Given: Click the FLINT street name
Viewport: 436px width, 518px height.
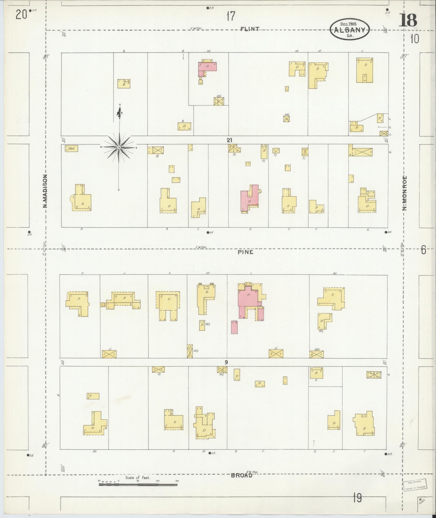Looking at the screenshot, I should (x=250, y=29).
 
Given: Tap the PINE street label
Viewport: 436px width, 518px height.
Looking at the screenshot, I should (x=245, y=252).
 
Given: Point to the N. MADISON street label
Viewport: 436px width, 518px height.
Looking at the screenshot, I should (x=45, y=191).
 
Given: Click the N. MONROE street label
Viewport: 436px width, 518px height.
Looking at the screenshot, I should (x=405, y=193).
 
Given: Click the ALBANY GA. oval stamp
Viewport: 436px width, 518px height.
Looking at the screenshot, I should (x=349, y=30).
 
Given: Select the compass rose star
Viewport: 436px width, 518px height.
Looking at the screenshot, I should (x=119, y=147).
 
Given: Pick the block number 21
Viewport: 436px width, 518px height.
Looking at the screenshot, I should (x=229, y=140).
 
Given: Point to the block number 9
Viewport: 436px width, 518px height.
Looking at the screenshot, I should (x=226, y=362).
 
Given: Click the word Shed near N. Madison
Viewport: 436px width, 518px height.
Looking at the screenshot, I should (x=72, y=148).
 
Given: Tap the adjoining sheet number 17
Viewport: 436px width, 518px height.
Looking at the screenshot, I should (x=231, y=16).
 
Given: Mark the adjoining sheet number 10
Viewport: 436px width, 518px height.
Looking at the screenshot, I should (x=414, y=40).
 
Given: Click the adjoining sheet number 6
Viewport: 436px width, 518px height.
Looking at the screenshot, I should (x=423, y=250).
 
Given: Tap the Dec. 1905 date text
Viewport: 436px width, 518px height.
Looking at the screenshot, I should (x=348, y=24).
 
